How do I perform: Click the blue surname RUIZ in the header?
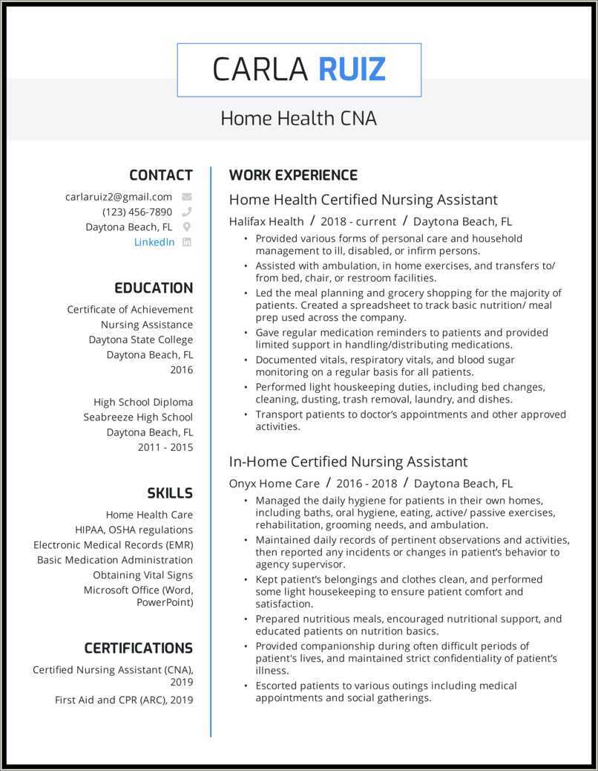pyautogui.click(x=352, y=69)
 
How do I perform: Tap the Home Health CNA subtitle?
pyautogui.click(x=298, y=118)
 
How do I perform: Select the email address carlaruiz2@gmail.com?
pyautogui.click(x=119, y=197)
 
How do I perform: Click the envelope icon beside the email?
pyautogui.click(x=187, y=197)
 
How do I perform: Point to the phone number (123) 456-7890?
pyautogui.click(x=137, y=212)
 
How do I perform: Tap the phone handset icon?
pyautogui.click(x=187, y=212)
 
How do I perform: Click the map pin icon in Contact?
pyautogui.click(x=187, y=227)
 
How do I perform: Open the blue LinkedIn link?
pyautogui.click(x=154, y=242)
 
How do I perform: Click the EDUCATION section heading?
pyautogui.click(x=154, y=288)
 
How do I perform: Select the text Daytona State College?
pyautogui.click(x=141, y=339)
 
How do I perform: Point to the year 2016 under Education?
pyautogui.click(x=181, y=370)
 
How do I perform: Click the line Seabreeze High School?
pyautogui.click(x=138, y=417)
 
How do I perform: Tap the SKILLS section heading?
pyautogui.click(x=170, y=493)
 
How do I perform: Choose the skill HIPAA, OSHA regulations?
pyautogui.click(x=134, y=530)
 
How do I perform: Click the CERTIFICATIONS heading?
pyautogui.click(x=138, y=648)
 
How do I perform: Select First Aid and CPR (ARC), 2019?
pyautogui.click(x=124, y=700)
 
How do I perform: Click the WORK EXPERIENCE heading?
pyautogui.click(x=293, y=175)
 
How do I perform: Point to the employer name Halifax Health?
pyautogui.click(x=266, y=221)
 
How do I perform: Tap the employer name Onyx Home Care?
pyautogui.click(x=275, y=483)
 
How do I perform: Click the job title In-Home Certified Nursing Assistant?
pyautogui.click(x=348, y=462)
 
